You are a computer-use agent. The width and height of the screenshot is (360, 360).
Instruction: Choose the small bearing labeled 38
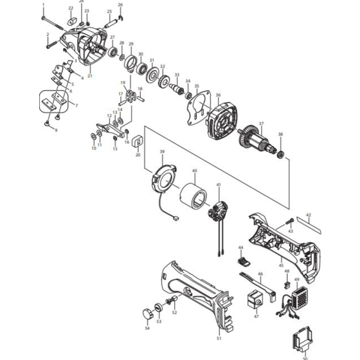[280, 154]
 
